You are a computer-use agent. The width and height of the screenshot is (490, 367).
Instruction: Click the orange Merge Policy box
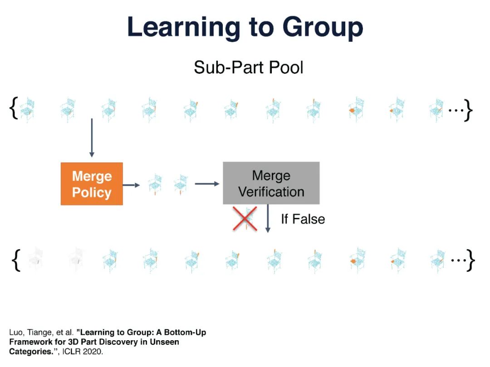click(x=92, y=184)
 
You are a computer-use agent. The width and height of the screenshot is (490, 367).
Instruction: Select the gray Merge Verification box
click(x=271, y=183)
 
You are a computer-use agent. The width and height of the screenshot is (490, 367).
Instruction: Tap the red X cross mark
click(x=245, y=219)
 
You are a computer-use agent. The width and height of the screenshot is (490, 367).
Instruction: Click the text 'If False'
click(x=303, y=219)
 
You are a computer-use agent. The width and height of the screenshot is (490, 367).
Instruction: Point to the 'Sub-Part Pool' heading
click(x=248, y=68)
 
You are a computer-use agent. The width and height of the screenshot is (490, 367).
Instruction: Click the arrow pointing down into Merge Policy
click(x=92, y=138)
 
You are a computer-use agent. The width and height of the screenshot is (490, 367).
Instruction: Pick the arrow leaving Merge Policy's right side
click(x=131, y=185)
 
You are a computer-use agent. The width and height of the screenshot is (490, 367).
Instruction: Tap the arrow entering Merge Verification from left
click(x=207, y=183)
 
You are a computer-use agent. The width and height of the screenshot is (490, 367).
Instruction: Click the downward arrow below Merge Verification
click(x=268, y=219)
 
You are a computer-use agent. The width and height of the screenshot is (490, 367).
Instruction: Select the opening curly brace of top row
click(x=14, y=109)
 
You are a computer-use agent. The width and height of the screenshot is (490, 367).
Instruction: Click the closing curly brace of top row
click(x=468, y=110)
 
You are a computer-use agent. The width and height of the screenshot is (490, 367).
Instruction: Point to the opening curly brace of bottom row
click(x=16, y=261)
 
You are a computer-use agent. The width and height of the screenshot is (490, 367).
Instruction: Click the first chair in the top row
click(x=27, y=109)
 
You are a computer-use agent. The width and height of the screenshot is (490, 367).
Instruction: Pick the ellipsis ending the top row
click(x=455, y=109)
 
